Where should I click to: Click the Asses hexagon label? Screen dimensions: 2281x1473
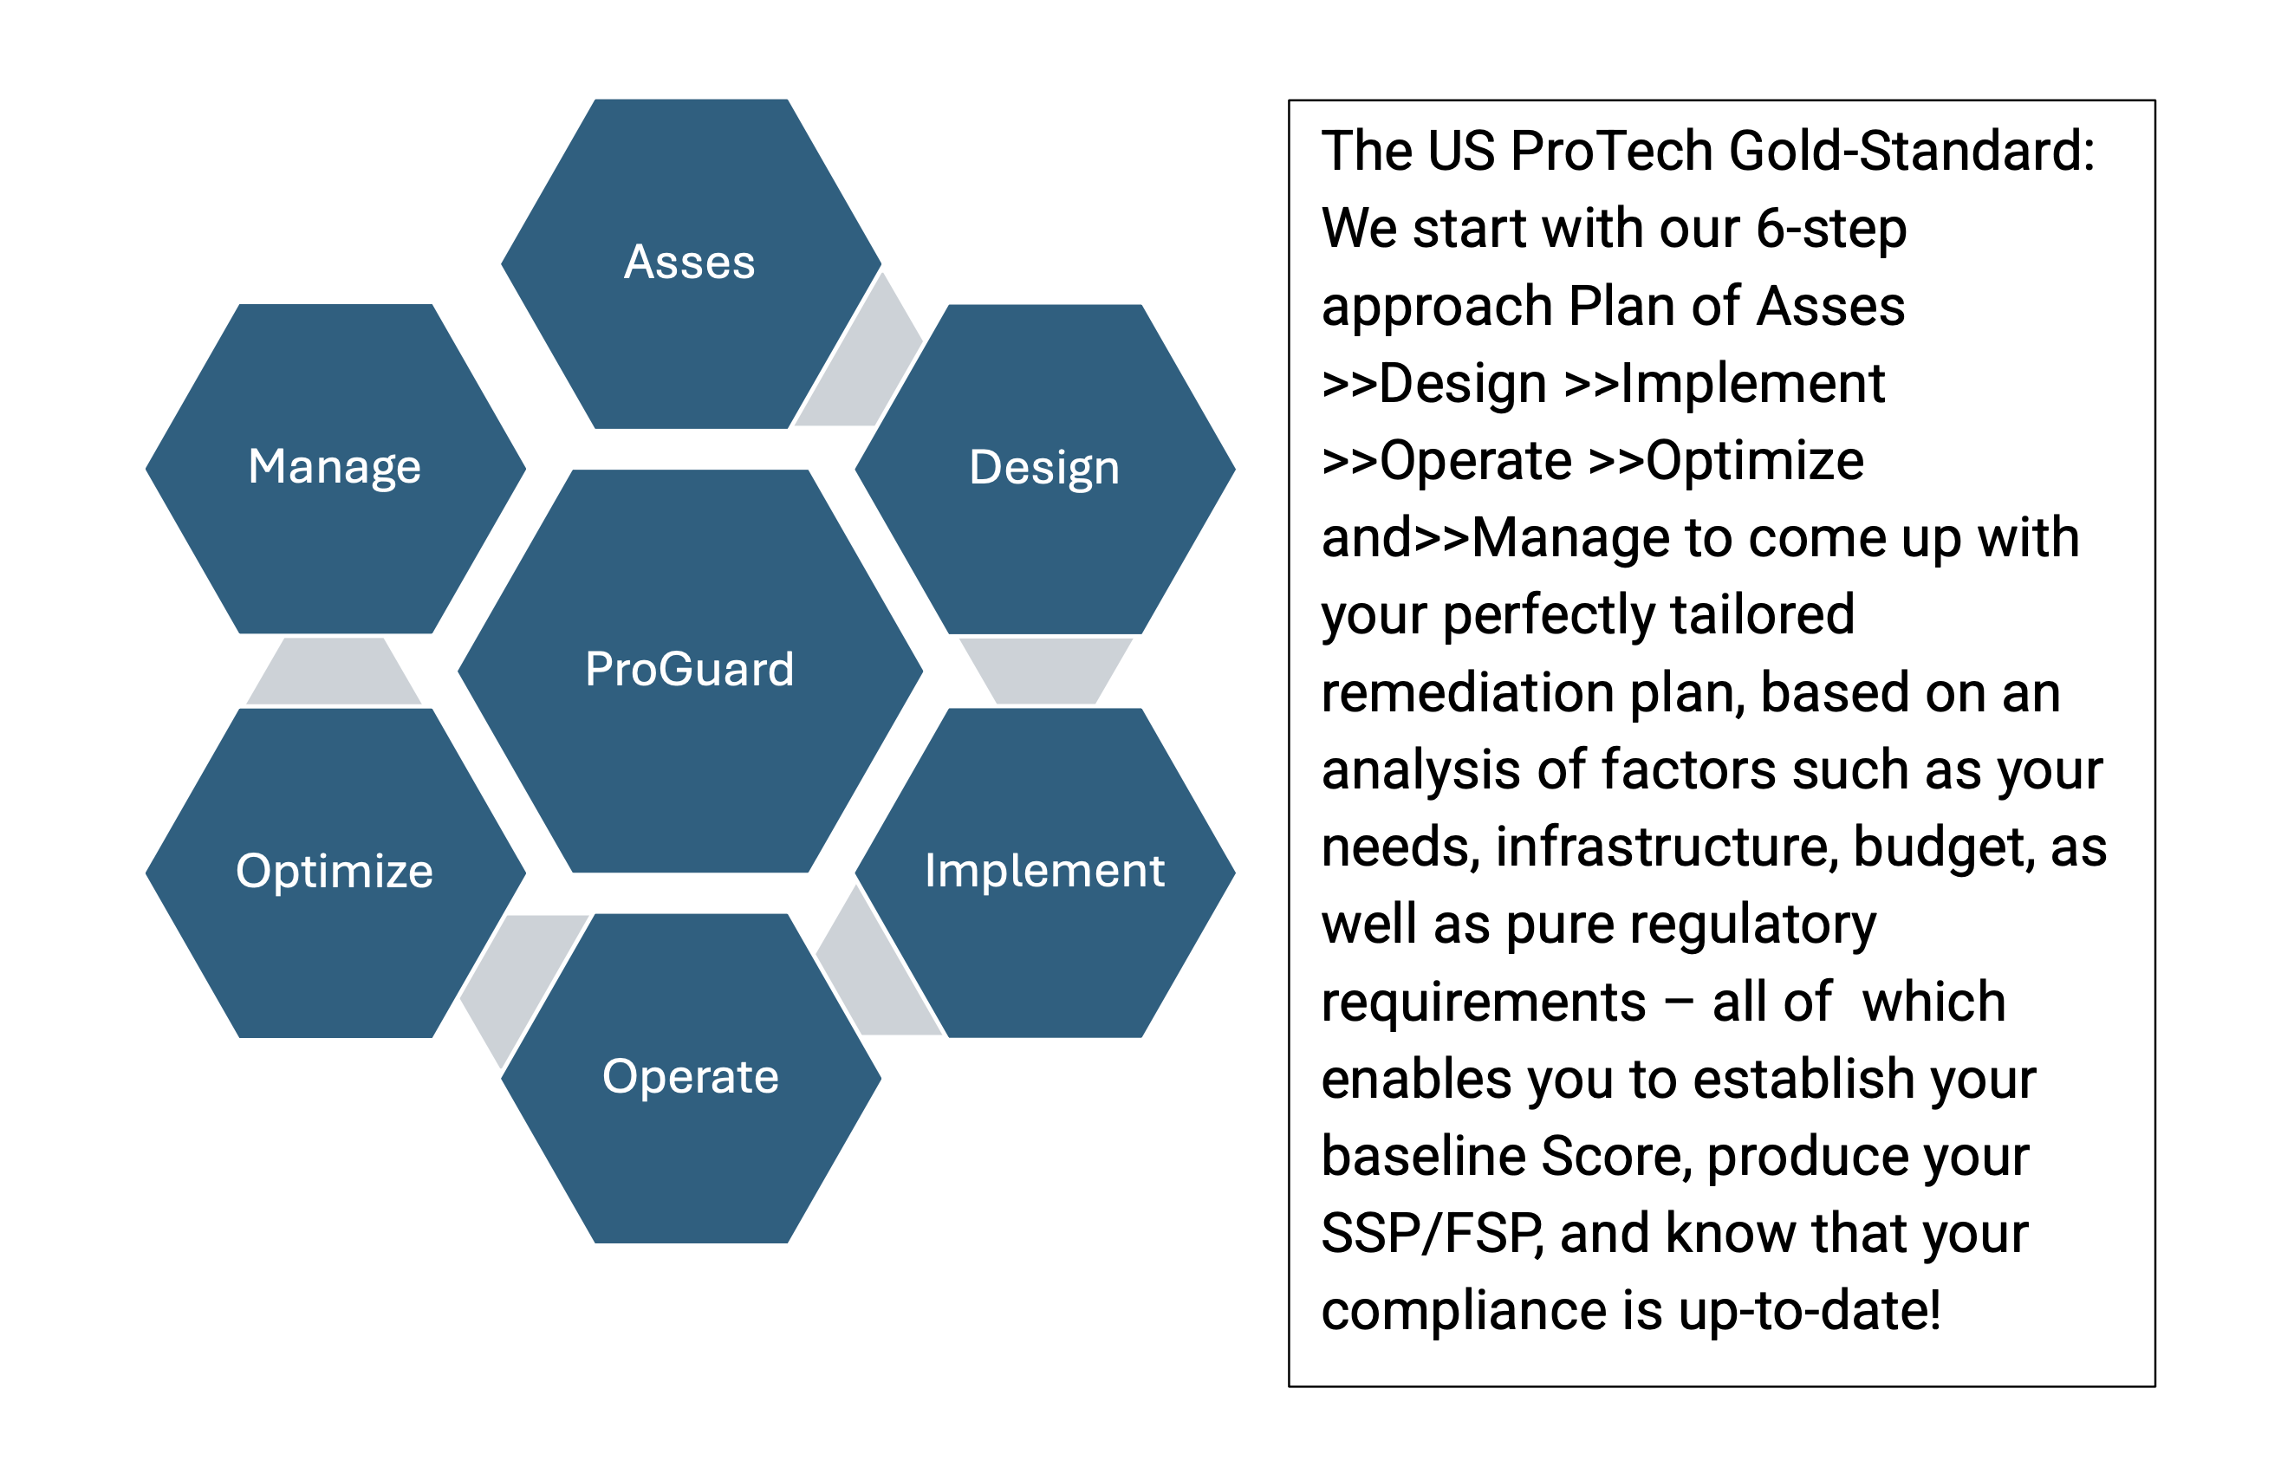[689, 262]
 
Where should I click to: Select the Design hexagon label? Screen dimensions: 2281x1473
[1043, 468]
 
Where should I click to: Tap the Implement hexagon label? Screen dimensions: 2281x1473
[1043, 871]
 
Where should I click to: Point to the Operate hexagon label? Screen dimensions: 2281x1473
[690, 1076]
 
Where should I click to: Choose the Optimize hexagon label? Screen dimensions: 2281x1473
[334, 872]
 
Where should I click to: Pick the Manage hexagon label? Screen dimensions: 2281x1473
[334, 468]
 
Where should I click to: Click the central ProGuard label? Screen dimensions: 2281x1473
[689, 669]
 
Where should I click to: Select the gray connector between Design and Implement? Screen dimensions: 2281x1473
[1045, 672]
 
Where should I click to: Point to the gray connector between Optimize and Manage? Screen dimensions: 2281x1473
[334, 672]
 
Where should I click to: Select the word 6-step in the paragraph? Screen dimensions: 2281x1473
[1831, 230]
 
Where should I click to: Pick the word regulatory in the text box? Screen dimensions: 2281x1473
[1752, 927]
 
